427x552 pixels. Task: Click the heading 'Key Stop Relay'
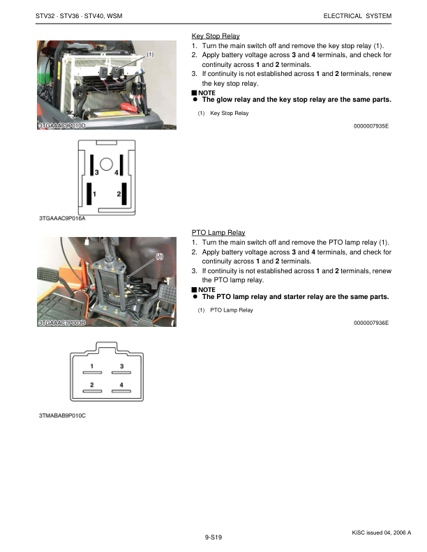click(216, 36)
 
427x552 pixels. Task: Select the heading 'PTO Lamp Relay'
click(218, 232)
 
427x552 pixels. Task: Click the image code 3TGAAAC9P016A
click(62, 218)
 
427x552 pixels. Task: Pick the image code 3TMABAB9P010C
click(62, 416)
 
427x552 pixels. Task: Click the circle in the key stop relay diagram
click(106, 164)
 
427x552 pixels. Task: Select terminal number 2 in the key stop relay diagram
click(119, 193)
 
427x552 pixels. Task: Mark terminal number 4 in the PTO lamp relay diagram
click(121, 385)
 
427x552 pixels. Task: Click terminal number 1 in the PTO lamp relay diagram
click(92, 366)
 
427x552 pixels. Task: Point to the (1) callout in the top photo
click(150, 54)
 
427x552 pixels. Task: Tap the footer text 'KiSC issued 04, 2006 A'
click(382, 532)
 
